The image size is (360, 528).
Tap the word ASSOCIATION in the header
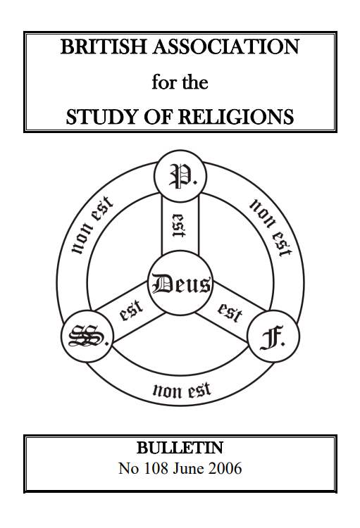(226, 46)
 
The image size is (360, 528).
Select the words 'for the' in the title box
(180, 82)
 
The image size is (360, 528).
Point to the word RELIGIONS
(236, 117)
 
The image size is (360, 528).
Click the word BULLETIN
(180, 448)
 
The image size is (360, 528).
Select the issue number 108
(156, 468)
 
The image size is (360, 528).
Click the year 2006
(225, 468)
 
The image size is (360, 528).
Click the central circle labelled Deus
(180, 283)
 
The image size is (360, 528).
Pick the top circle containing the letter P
(180, 176)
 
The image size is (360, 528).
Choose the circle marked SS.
(87, 336)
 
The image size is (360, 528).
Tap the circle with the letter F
(273, 336)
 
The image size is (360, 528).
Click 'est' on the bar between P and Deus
(179, 225)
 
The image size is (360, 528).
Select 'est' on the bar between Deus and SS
(132, 310)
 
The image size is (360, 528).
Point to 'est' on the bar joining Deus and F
(230, 312)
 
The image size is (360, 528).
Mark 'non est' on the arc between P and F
(271, 227)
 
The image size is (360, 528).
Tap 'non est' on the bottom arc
(182, 390)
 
